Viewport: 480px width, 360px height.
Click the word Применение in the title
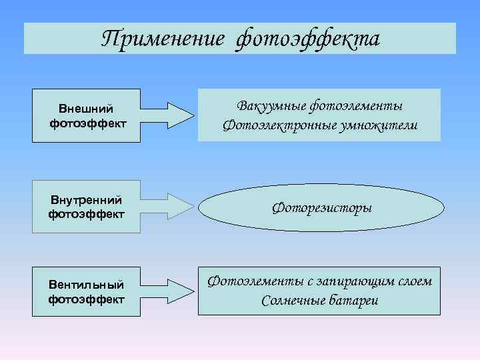[x=163, y=39]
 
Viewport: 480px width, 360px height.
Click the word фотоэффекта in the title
[x=307, y=39]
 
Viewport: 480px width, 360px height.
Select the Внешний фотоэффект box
[x=87, y=115]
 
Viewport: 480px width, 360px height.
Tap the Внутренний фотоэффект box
[x=87, y=207]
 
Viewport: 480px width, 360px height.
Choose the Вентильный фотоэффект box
[x=87, y=292]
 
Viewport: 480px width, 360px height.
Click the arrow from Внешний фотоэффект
[x=170, y=115]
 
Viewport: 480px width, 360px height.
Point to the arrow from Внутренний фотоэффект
[x=170, y=207]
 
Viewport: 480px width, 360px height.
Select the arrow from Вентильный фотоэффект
[x=170, y=292]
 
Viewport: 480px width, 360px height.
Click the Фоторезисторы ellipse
[x=321, y=208]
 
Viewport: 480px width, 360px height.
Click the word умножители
[x=380, y=125]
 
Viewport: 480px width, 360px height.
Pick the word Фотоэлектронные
[x=281, y=125]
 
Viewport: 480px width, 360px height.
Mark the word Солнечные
[x=294, y=300]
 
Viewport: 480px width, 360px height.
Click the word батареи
[x=354, y=300]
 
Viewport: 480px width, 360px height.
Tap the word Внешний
[x=86, y=109]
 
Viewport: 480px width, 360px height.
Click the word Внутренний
[x=86, y=199]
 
